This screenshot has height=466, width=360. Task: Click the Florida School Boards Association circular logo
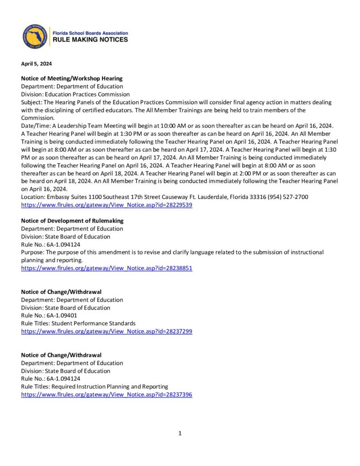coord(35,36)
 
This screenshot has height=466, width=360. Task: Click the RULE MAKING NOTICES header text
coord(91,40)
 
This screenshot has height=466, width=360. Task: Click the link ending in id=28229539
coord(106,205)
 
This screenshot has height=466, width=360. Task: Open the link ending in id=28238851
coord(106,268)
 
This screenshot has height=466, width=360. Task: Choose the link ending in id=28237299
coord(106,332)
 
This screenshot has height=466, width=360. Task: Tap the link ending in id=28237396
coord(106,395)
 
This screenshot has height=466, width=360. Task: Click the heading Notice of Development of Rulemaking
coord(72,221)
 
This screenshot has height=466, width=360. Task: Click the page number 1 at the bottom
coord(180,434)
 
